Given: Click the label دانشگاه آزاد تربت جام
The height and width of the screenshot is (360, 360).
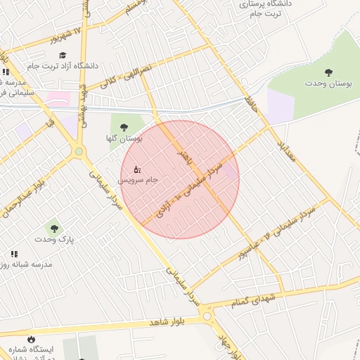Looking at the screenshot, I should pyautogui.click(x=63, y=66).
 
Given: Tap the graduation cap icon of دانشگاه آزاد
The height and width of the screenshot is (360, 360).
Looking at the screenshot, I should pyautogui.click(x=63, y=56).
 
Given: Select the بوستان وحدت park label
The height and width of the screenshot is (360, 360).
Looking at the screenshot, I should pyautogui.click(x=328, y=84).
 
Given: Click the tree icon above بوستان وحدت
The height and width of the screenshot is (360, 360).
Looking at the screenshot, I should pyautogui.click(x=328, y=72).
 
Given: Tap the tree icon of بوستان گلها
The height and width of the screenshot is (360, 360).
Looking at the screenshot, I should pyautogui.click(x=124, y=127).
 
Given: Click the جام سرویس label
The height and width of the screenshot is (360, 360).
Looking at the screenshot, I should pyautogui.click(x=137, y=180).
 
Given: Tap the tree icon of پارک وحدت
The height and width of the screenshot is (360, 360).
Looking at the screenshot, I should pyautogui.click(x=54, y=228).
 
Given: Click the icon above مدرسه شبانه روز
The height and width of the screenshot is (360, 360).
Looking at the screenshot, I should pyautogui.click(x=14, y=254).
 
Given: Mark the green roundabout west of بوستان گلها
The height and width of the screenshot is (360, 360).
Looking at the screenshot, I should pyautogui.click(x=79, y=151).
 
